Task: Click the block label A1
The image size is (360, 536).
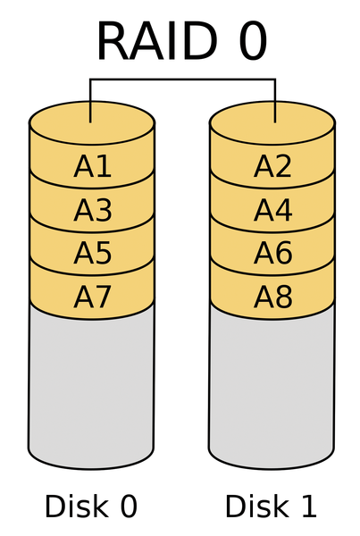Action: click(92, 166)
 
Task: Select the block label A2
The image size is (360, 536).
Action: click(272, 166)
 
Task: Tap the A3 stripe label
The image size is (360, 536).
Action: click(92, 210)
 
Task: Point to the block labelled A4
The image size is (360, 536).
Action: click(272, 210)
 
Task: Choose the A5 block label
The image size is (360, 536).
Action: click(92, 253)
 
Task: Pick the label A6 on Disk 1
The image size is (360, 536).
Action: click(272, 253)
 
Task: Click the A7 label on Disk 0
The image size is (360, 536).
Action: click(92, 297)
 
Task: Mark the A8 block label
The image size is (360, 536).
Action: click(272, 297)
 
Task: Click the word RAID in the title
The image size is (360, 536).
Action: click(157, 41)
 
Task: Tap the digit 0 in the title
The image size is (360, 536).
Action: click(253, 41)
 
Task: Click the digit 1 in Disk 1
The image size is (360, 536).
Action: click(307, 507)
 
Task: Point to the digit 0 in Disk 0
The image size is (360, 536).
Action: click(129, 507)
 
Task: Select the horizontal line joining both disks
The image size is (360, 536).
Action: click(182, 80)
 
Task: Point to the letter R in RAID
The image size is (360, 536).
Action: click(113, 41)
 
